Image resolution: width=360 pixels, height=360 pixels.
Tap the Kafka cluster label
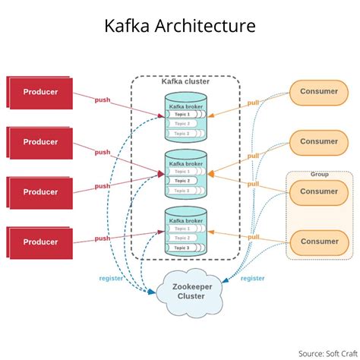(185, 81)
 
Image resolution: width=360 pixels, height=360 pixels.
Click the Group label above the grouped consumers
(319, 174)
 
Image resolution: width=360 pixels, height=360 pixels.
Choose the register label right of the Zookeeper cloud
(253, 278)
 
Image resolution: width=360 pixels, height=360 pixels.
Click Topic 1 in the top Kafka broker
(182, 115)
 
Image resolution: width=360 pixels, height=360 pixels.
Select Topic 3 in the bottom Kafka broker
(182, 248)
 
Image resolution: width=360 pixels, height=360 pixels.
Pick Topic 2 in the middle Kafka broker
(182, 181)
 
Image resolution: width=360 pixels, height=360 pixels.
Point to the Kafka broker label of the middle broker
(185, 163)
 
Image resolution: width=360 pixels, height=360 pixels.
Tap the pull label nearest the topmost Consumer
(253, 103)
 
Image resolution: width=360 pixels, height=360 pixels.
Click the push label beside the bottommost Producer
(103, 238)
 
